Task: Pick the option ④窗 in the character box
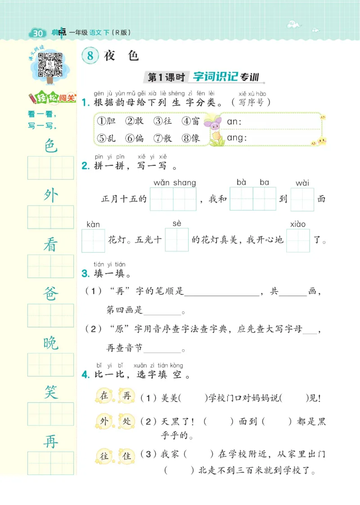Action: coord(191,121)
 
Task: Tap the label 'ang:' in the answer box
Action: coord(237,138)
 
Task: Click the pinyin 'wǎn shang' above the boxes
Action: coord(175,183)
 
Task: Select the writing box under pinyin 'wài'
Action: coord(302,199)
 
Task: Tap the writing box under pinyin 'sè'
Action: coord(176,240)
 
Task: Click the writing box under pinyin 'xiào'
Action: coord(298,240)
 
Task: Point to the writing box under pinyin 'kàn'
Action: coord(93,241)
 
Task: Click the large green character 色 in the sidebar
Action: coord(51,145)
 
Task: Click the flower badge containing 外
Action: coord(104,422)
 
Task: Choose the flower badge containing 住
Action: coord(126,455)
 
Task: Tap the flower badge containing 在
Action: coord(104,396)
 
